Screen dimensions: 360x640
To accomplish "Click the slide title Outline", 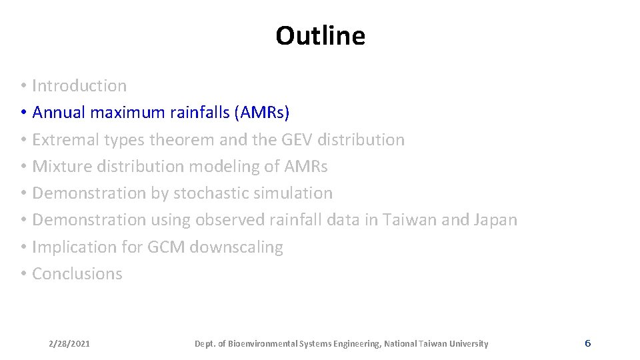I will pos(320,36).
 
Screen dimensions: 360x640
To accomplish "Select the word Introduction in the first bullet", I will pos(79,86).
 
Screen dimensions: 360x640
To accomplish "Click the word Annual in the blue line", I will pos(59,113).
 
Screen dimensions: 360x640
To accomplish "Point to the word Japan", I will pos(495,220).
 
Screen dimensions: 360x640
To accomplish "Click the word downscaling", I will pos(236,247).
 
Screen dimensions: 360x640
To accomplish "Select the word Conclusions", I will pos(77,274).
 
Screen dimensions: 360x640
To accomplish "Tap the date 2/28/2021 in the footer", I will pos(69,344).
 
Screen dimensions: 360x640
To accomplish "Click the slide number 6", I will pos(587,343).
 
